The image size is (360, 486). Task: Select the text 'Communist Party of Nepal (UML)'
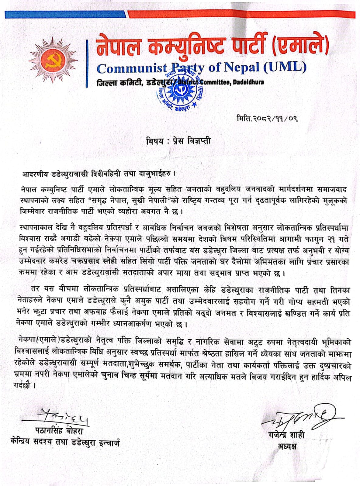pyautogui.click(x=201, y=68)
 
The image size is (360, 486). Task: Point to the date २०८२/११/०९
pyautogui.click(x=267, y=118)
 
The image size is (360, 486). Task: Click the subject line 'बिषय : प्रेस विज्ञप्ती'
pyautogui.click(x=178, y=141)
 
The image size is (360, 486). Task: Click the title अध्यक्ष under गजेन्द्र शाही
pyautogui.click(x=287, y=446)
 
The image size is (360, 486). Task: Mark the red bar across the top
pyautogui.click(x=242, y=14)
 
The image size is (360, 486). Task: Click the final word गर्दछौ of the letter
pyautogui.click(x=27, y=386)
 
